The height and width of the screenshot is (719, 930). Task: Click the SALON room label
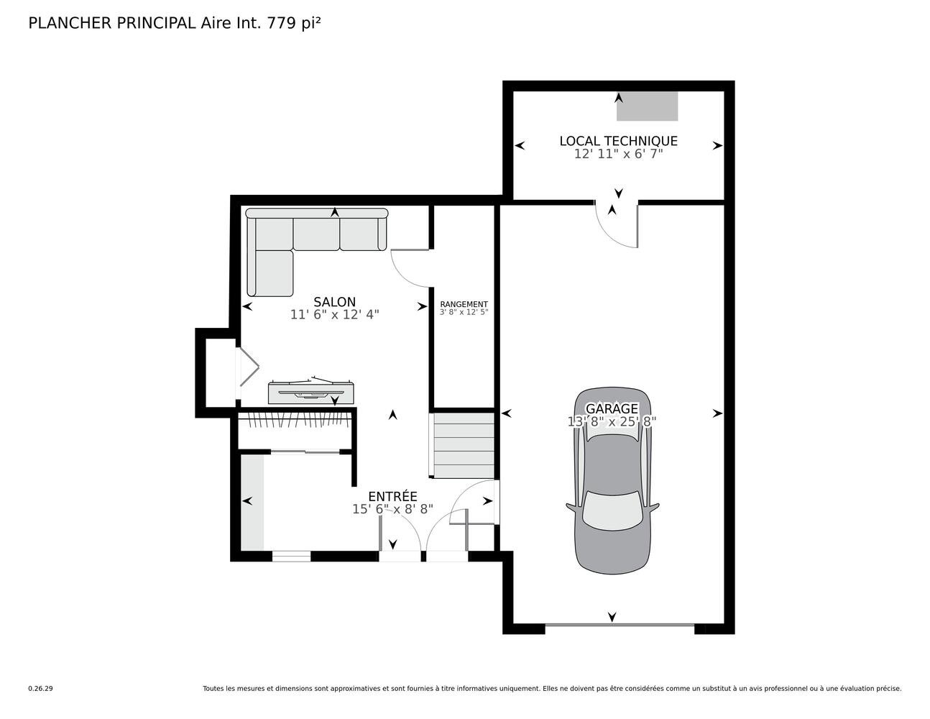tap(334, 302)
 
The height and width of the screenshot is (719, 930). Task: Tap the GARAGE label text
tap(612, 408)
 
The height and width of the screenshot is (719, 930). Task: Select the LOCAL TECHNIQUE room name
tap(618, 141)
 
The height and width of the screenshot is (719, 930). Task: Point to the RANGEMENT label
tap(464, 305)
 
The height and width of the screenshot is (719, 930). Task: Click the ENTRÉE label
tap(392, 496)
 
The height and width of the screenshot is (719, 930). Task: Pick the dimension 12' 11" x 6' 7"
tap(618, 154)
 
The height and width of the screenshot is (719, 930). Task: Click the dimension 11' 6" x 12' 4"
tap(335, 315)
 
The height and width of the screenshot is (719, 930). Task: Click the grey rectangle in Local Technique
tap(647, 106)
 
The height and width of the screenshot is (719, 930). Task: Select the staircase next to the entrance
tap(462, 446)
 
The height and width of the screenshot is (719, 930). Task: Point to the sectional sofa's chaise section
tap(270, 273)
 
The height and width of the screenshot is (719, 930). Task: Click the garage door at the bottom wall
tap(620, 626)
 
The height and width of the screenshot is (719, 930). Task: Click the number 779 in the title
tap(282, 24)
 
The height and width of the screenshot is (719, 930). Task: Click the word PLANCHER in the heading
tap(70, 24)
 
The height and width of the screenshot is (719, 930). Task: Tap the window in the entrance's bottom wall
tap(292, 556)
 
